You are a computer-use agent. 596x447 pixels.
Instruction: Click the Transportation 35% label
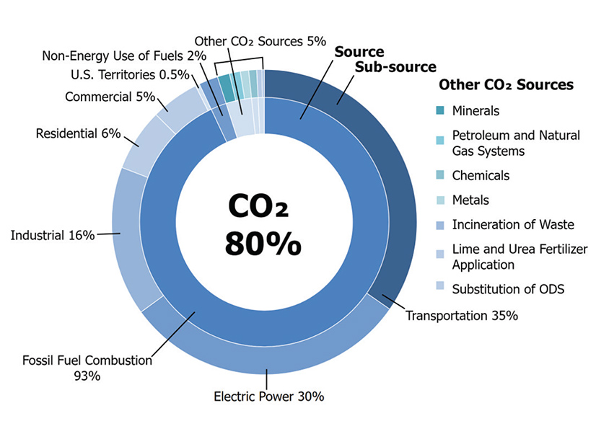pos(462,315)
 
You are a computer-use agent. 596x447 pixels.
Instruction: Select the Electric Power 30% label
pos(268,396)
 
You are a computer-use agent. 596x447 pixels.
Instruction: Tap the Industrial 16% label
pos(52,235)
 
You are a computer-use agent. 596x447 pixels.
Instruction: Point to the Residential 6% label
pos(78,133)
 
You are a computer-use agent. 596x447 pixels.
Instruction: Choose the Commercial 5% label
pos(109,97)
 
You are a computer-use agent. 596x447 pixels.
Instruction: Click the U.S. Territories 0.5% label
pos(130,74)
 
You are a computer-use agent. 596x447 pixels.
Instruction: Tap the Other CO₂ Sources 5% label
pos(260,41)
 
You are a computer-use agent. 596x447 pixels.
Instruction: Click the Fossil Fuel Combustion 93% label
pos(87,367)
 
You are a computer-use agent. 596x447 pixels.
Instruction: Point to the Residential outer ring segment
pos(141,144)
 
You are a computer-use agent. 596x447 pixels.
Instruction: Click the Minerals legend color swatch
pos(440,111)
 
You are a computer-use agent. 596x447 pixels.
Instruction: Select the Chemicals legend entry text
pos(481,175)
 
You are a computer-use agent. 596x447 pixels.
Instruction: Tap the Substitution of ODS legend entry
pos(508,289)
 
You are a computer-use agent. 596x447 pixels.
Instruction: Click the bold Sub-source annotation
pos(395,67)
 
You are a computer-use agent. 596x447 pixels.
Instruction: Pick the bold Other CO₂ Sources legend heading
pos(506,85)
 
